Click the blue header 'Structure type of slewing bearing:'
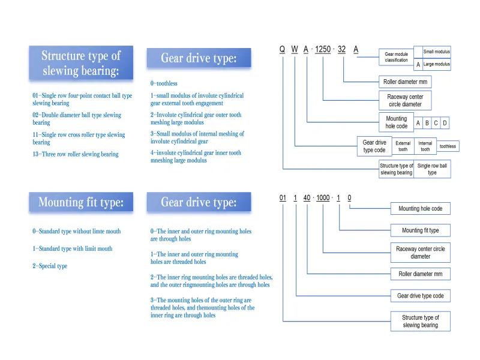pos(80,64)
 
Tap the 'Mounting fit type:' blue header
pos(80,202)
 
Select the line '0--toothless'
pos(164,83)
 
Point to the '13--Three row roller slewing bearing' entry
pos(76,154)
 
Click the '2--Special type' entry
pos(50,266)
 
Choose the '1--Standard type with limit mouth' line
pos(72,248)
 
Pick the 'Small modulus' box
pos(436,52)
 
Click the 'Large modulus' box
pos(436,64)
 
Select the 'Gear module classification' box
pos(396,57)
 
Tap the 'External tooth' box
pos(403,146)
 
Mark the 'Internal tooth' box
pos(425,146)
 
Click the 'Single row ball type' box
pos(432,169)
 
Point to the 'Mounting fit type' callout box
pos(420,230)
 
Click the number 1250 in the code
pos(323,50)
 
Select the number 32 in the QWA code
pos(341,50)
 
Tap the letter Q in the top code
pos(282,50)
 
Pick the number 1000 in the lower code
pos(323,198)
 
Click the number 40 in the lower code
pos(307,198)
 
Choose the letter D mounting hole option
pos(445,123)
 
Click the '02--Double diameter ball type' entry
pos(77,118)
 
